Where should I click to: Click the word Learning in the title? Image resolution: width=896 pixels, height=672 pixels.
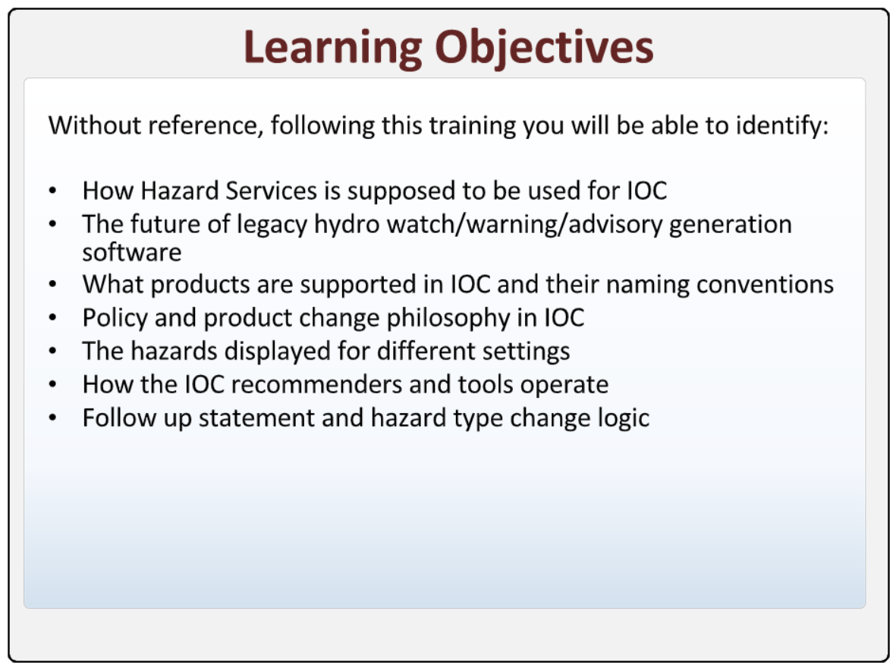point(332,49)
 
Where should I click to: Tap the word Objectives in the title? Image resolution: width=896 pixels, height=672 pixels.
point(544,49)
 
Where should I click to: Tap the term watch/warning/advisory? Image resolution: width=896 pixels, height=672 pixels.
point(524,225)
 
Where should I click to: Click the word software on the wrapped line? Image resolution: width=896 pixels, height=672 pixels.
point(132,252)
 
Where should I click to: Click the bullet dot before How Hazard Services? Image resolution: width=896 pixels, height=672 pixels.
point(52,191)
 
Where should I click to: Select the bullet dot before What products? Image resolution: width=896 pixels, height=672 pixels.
point(52,285)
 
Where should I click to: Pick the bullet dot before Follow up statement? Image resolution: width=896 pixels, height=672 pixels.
point(52,418)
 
